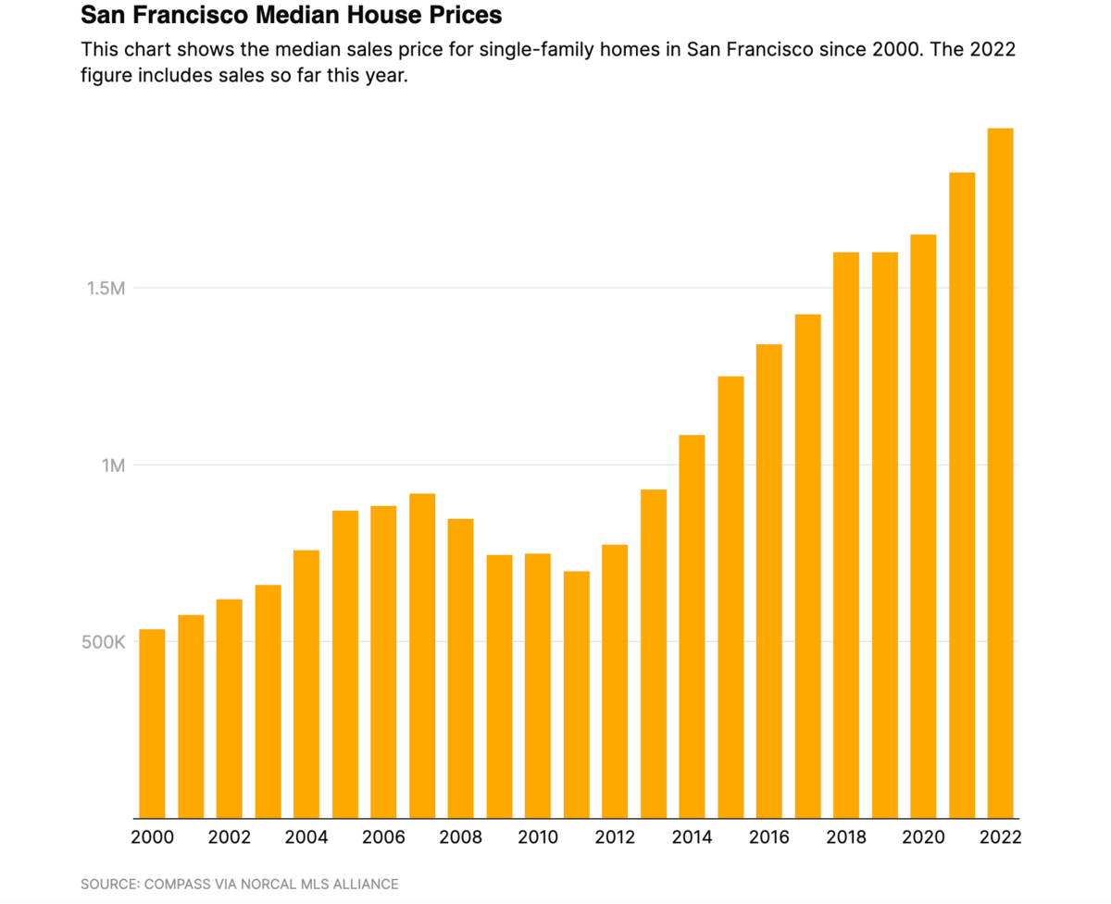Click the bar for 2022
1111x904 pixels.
[x=1000, y=473]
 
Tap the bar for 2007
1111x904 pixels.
[x=422, y=656]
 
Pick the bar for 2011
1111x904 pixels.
[x=577, y=695]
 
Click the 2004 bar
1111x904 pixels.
[x=306, y=684]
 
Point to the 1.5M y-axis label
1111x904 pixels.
[x=106, y=288]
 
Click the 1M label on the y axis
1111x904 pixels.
[x=112, y=465]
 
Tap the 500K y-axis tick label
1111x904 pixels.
[x=105, y=642]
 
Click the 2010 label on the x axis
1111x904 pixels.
[x=538, y=837]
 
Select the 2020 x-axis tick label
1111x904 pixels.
[x=924, y=837]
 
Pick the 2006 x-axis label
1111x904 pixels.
[x=383, y=837]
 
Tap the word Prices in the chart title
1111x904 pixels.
[x=468, y=16]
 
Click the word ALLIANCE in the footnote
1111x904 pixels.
[x=365, y=885]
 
